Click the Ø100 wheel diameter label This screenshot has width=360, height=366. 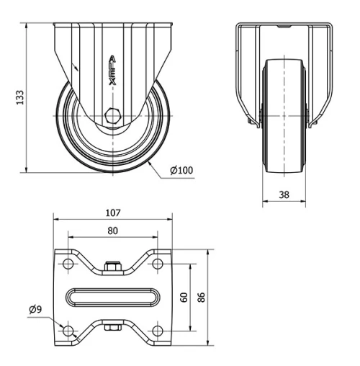click(x=181, y=170)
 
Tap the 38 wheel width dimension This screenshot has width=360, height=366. click(x=284, y=194)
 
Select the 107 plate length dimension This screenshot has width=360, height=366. click(x=112, y=213)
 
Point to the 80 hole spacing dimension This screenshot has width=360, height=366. click(x=112, y=231)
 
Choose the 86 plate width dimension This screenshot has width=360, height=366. click(x=204, y=297)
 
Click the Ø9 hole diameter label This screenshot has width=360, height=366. click(x=35, y=309)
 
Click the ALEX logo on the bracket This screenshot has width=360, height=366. click(x=112, y=72)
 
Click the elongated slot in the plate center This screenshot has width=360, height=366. click(x=112, y=297)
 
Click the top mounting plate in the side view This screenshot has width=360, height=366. click(x=112, y=27)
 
